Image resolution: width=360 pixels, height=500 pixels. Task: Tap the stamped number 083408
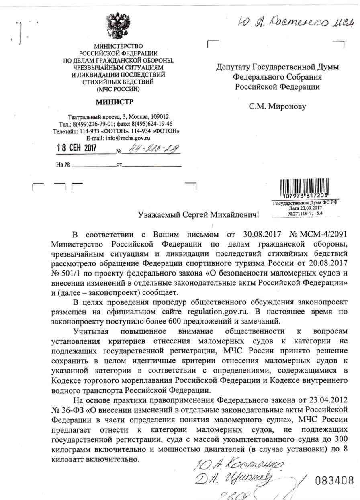335,480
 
